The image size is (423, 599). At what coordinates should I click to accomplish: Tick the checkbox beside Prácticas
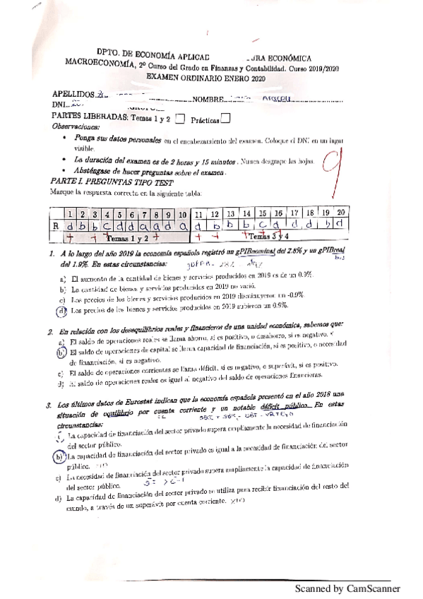click(x=226, y=119)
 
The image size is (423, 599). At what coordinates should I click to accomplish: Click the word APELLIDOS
click(x=73, y=94)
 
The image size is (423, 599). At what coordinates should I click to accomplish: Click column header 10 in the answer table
click(x=182, y=213)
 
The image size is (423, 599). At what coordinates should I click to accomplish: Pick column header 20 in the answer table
click(x=340, y=213)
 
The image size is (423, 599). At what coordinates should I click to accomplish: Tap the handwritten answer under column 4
click(x=105, y=226)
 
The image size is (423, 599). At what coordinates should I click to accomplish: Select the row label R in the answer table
click(x=56, y=226)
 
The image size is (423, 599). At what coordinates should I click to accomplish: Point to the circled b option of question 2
click(x=61, y=352)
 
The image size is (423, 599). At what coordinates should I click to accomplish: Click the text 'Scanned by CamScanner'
click(x=347, y=588)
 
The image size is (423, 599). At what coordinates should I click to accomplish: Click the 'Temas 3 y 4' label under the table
click(x=270, y=239)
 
